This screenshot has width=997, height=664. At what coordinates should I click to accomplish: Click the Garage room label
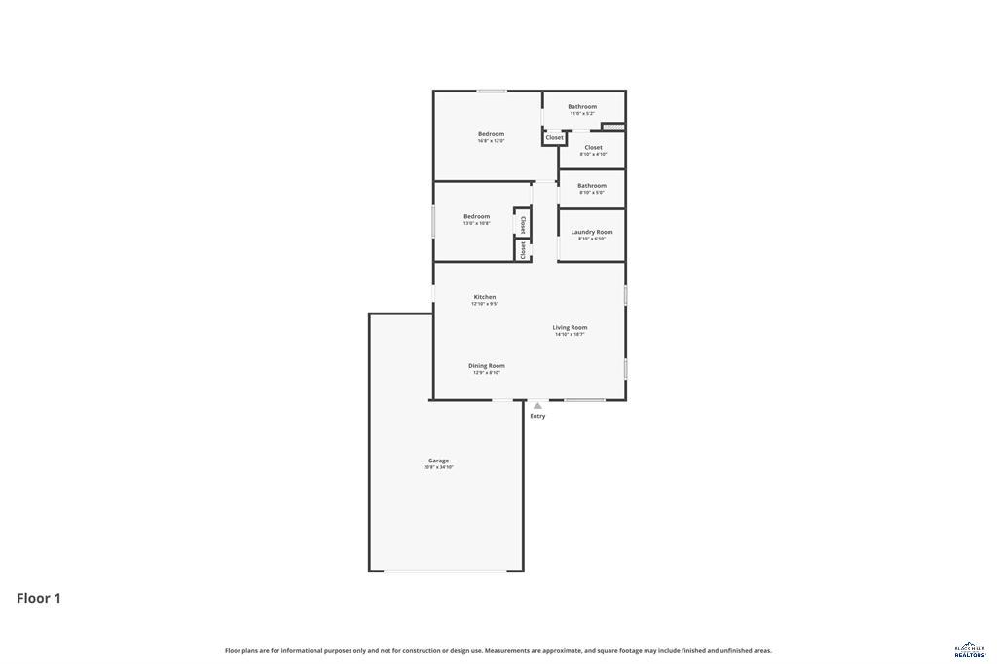pyautogui.click(x=438, y=461)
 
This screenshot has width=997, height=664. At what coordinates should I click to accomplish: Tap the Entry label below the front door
pyautogui.click(x=537, y=416)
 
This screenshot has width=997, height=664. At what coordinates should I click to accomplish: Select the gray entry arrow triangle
pyautogui.click(x=537, y=405)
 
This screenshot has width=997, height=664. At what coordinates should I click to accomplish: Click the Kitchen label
pyautogui.click(x=485, y=297)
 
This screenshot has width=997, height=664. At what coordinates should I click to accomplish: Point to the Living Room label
pyautogui.click(x=570, y=327)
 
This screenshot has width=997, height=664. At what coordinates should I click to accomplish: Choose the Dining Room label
pyautogui.click(x=486, y=365)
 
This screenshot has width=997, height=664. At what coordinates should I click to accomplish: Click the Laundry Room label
pyautogui.click(x=591, y=232)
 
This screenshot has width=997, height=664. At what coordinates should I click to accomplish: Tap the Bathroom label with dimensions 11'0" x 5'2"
pyautogui.click(x=582, y=106)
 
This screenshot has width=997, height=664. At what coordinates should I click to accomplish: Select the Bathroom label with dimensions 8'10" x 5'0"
pyautogui.click(x=591, y=185)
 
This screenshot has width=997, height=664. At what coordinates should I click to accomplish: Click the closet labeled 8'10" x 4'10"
pyautogui.click(x=593, y=148)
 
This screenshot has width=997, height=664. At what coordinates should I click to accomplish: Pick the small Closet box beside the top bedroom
pyautogui.click(x=554, y=138)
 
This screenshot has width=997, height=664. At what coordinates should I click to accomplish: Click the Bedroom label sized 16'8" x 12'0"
pyautogui.click(x=491, y=134)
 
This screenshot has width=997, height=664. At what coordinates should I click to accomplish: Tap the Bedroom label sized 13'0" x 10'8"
pyautogui.click(x=476, y=216)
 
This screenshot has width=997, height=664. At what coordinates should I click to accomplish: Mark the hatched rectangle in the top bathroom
pyautogui.click(x=612, y=126)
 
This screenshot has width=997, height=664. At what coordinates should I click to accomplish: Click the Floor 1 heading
pyautogui.click(x=39, y=598)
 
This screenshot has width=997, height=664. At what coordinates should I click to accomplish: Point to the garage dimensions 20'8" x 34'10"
pyautogui.click(x=438, y=467)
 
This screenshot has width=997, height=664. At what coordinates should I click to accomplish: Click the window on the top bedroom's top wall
pyautogui.click(x=492, y=92)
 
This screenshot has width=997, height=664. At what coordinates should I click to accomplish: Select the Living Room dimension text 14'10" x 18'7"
pyautogui.click(x=570, y=334)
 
